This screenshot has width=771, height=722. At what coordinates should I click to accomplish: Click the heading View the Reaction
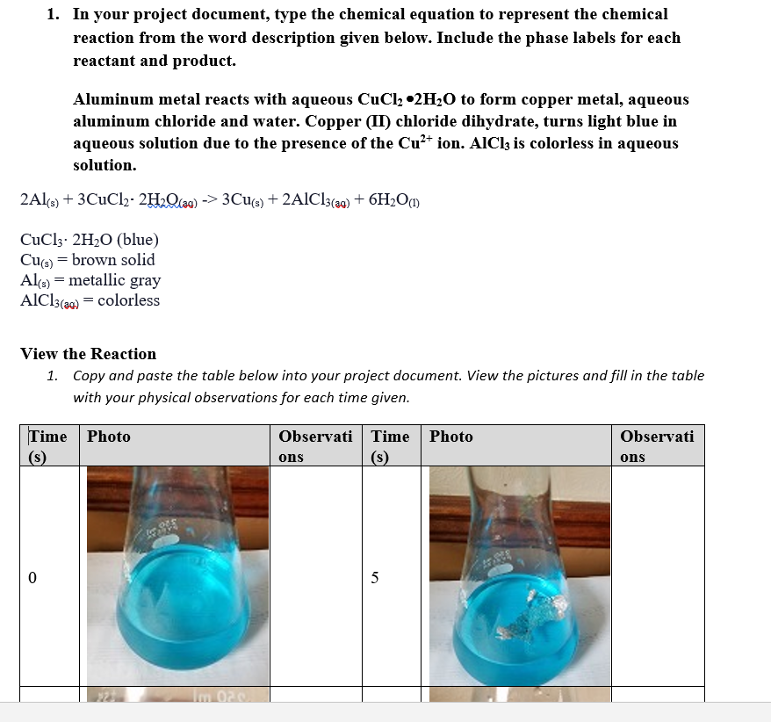coord(88,354)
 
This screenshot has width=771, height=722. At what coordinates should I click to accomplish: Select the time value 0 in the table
coord(32,578)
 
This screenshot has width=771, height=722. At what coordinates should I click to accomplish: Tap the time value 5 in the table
coord(375,578)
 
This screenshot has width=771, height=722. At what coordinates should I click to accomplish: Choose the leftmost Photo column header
coord(109,437)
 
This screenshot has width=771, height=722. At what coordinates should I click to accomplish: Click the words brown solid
coord(113,260)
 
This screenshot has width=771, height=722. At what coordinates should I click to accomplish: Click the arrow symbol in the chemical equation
coord(208,199)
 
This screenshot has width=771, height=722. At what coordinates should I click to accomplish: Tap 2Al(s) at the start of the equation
coord(40,199)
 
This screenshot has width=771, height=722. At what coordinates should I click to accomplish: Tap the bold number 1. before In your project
coord(54,15)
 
